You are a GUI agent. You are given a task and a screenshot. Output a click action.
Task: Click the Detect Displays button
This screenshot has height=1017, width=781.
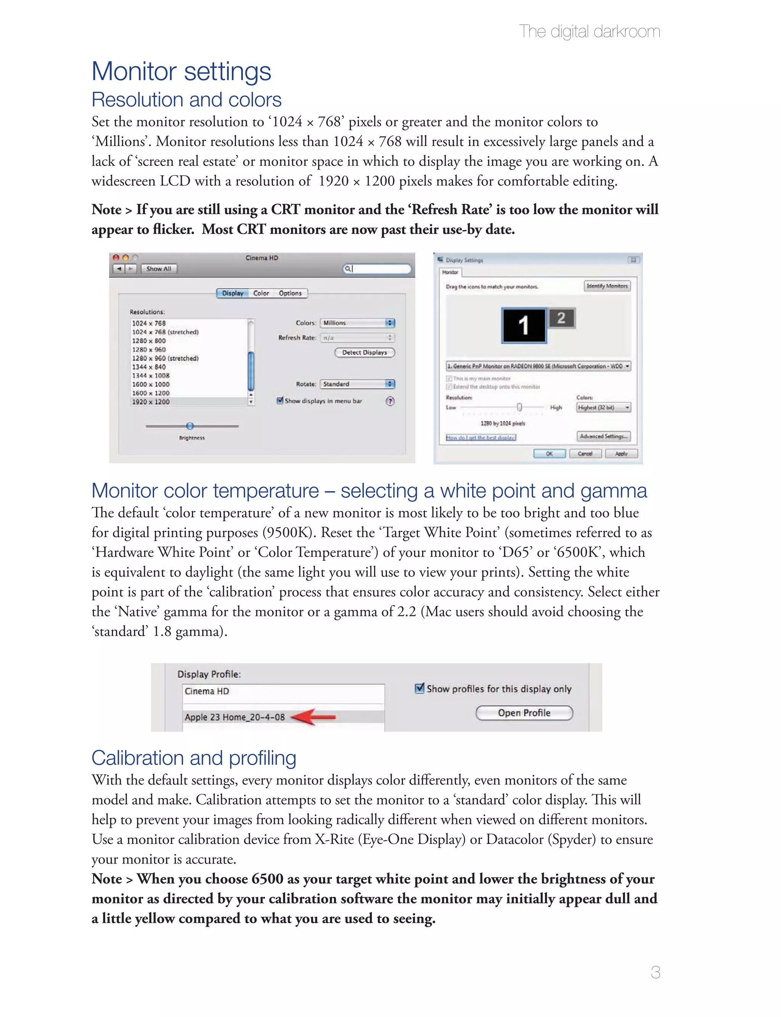click(365, 352)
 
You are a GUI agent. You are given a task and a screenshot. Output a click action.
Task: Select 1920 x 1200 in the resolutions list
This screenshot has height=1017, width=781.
click(151, 402)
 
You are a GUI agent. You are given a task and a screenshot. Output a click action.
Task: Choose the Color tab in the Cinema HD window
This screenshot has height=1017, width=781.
click(261, 293)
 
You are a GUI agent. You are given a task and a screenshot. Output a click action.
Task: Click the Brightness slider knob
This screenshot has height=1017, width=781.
click(190, 426)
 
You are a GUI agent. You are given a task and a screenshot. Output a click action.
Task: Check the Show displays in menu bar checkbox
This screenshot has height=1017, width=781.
click(280, 400)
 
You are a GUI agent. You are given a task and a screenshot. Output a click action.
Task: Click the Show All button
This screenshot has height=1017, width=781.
click(159, 268)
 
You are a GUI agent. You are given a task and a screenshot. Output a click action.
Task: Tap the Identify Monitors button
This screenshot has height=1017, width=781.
click(607, 286)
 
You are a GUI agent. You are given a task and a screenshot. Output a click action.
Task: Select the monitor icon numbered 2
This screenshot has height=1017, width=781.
click(561, 318)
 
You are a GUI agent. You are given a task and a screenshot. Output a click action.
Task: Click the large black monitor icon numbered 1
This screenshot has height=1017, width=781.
click(524, 325)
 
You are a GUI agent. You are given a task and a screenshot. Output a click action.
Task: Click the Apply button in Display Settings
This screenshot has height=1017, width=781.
click(621, 454)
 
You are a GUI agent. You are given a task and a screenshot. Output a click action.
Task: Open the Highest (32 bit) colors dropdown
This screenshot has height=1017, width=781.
click(603, 407)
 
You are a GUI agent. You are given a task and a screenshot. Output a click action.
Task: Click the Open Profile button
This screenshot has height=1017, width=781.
click(524, 713)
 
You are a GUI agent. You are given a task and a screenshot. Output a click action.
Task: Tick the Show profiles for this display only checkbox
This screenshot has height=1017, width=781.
click(419, 688)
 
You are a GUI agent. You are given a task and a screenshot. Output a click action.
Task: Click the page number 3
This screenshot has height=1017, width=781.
click(655, 972)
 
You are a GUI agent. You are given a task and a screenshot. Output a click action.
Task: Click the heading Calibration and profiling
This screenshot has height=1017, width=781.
click(193, 758)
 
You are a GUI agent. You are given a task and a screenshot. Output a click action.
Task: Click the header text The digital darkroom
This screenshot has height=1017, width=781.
click(589, 32)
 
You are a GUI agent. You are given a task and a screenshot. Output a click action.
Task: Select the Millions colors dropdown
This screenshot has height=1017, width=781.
click(357, 323)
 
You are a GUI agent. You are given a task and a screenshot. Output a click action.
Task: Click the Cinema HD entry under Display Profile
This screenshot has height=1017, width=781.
click(207, 691)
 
